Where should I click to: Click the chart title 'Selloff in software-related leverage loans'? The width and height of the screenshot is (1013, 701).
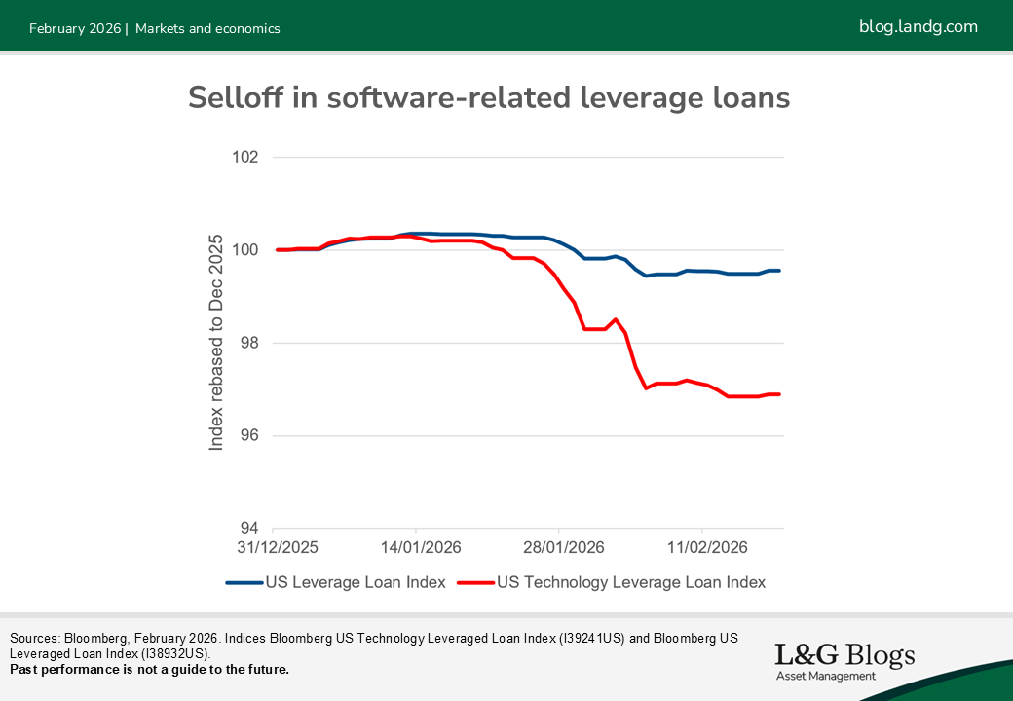pos(488,98)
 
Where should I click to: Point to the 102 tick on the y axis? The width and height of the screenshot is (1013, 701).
pos(245,158)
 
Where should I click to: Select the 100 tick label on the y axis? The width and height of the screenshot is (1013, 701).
pos(245,250)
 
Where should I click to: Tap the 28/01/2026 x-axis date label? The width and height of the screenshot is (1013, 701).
pos(563,548)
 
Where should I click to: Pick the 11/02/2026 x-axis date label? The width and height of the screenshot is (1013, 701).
pos(706,548)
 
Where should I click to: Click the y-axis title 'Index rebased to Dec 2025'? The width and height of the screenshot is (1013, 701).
pos(216,342)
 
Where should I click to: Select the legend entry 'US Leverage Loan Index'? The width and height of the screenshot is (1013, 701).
pos(336,582)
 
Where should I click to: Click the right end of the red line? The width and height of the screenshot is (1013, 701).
pos(780,394)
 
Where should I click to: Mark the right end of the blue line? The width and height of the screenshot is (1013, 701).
pos(780,270)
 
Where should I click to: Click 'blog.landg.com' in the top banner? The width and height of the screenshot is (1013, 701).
pos(918,27)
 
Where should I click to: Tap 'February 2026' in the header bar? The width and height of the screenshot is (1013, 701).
pos(74,29)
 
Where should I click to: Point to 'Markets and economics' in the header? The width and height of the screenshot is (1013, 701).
pos(207,29)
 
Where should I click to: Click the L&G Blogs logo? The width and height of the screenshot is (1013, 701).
pos(844,660)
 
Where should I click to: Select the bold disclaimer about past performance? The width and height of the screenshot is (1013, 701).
pos(149,670)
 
